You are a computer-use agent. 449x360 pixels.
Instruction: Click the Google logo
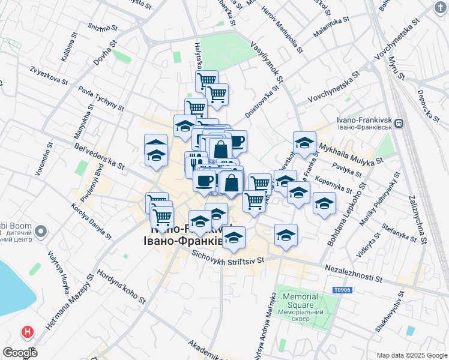pyautogui.click(x=20, y=353)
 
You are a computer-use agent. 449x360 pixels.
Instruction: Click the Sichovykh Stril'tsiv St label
pyautogui.click(x=228, y=257)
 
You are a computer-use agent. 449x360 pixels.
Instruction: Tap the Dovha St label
pyautogui.click(x=104, y=56)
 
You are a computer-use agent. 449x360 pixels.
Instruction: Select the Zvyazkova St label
pyautogui.click(x=53, y=76)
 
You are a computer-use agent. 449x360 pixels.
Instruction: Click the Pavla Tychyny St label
pyautogui.click(x=100, y=99)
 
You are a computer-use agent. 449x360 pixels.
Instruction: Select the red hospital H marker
pyautogui.click(x=27, y=331)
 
